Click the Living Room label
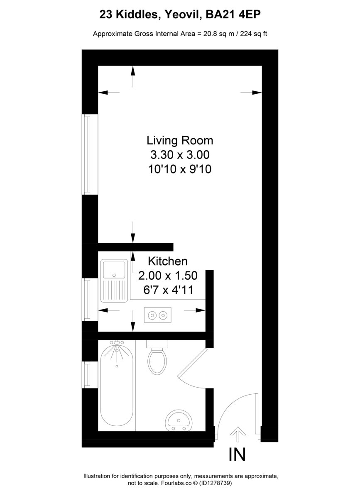tap(180, 140)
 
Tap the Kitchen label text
tap(168, 261)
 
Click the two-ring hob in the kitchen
tap(157, 315)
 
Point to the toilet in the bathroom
tap(157, 361)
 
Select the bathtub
tap(117, 386)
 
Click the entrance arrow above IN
tap(238, 435)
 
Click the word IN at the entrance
tap(237, 454)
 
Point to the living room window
tap(87, 154)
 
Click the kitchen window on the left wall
tap(87, 299)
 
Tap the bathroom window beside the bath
tap(87, 374)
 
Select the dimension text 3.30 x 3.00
tap(180, 155)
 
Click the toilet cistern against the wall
tap(157, 344)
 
